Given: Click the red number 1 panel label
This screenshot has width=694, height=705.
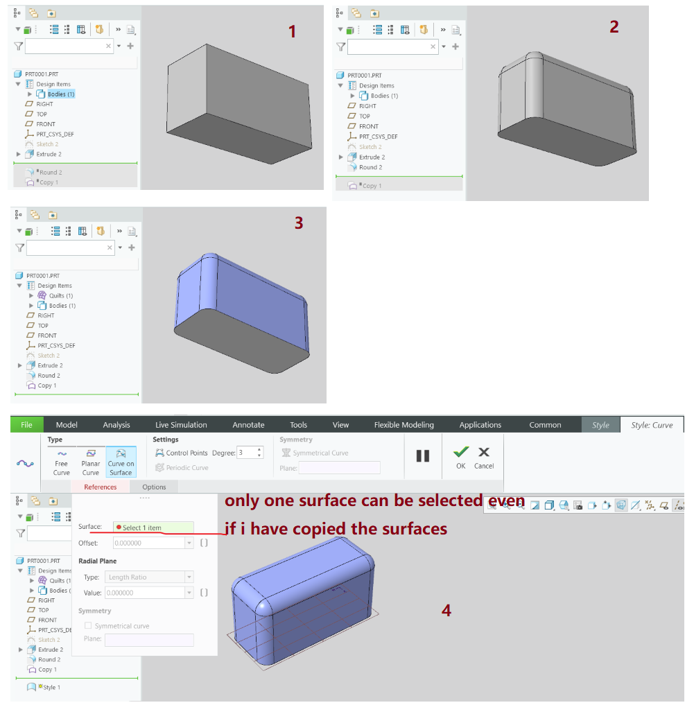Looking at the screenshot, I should click(x=292, y=31).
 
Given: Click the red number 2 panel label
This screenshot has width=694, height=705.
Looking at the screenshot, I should click(x=614, y=26).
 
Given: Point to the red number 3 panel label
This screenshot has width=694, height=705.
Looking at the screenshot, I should click(x=298, y=223).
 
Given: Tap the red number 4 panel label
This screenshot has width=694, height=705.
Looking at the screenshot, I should click(x=446, y=610).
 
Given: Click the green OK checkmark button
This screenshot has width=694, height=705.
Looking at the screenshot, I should click(x=460, y=458).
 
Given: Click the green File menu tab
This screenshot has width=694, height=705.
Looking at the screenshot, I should click(x=26, y=425).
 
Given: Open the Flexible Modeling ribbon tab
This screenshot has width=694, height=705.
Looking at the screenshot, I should click(x=404, y=425).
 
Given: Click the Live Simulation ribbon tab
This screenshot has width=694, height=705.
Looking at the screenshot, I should click(x=181, y=425).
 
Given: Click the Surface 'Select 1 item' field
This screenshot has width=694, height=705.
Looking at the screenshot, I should click(x=153, y=528).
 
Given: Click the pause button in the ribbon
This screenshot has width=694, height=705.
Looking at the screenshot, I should click(x=423, y=455).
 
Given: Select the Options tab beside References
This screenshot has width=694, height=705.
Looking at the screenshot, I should click(x=154, y=487).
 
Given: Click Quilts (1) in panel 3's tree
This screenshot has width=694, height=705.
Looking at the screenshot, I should click(x=60, y=295).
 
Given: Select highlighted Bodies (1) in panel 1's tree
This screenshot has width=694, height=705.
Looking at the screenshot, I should click(x=60, y=94).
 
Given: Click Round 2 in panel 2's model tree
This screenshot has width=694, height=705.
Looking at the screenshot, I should click(x=370, y=167).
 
